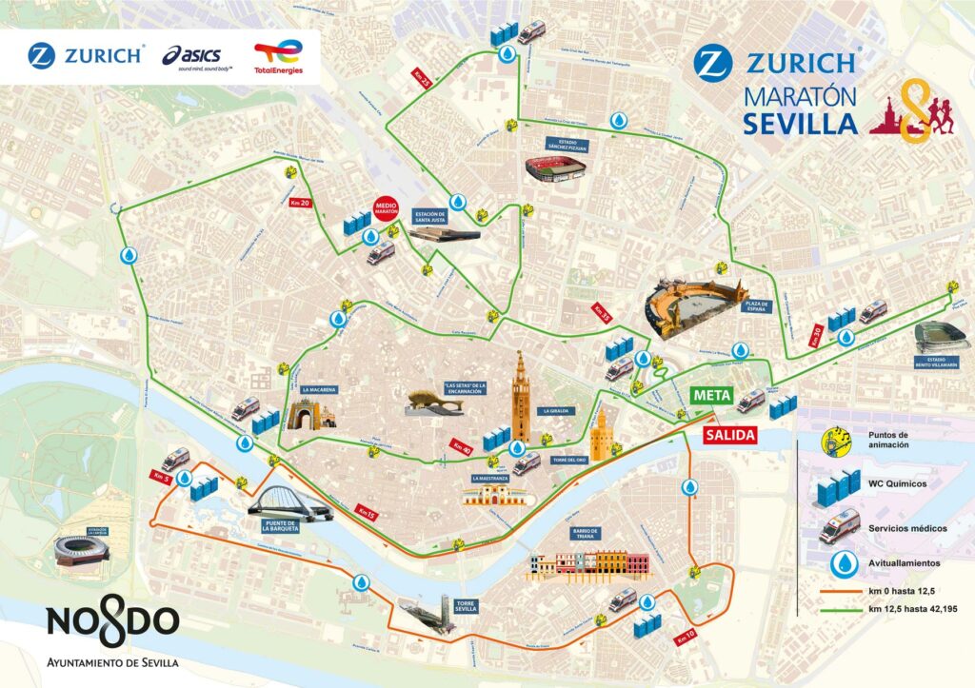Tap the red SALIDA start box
[730, 435]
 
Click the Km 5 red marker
[159, 475]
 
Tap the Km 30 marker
[816, 333]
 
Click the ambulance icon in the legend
[837, 525]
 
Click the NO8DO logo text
[112, 622]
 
